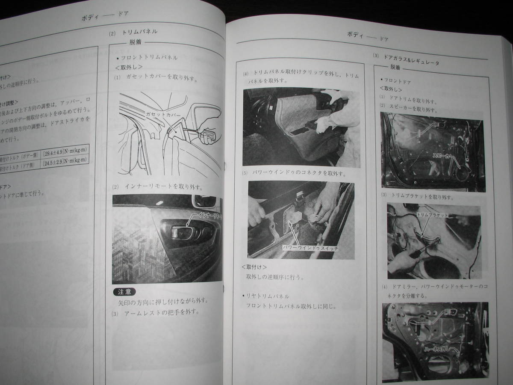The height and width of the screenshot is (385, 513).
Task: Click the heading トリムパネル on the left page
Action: click(140, 32)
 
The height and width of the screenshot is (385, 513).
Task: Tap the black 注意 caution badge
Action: click(124, 292)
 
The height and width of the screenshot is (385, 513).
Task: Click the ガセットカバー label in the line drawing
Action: click(163, 115)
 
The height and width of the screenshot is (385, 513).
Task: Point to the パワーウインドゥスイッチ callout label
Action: click(307, 248)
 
